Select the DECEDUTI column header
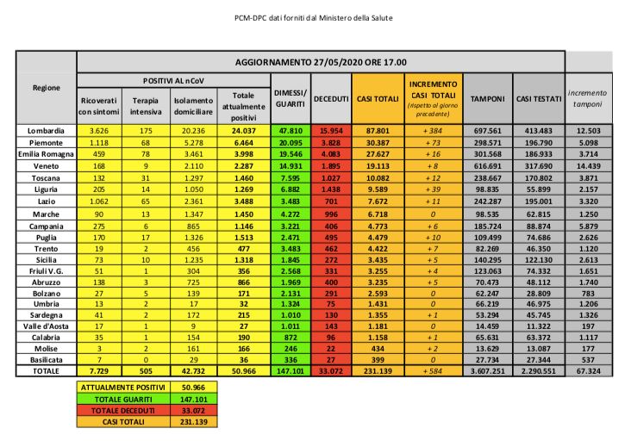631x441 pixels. point(330,100)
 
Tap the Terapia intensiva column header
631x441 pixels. point(147,105)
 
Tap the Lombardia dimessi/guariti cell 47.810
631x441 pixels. point(290,130)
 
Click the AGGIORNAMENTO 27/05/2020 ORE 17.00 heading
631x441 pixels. point(321,63)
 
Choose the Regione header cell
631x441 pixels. point(46,88)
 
